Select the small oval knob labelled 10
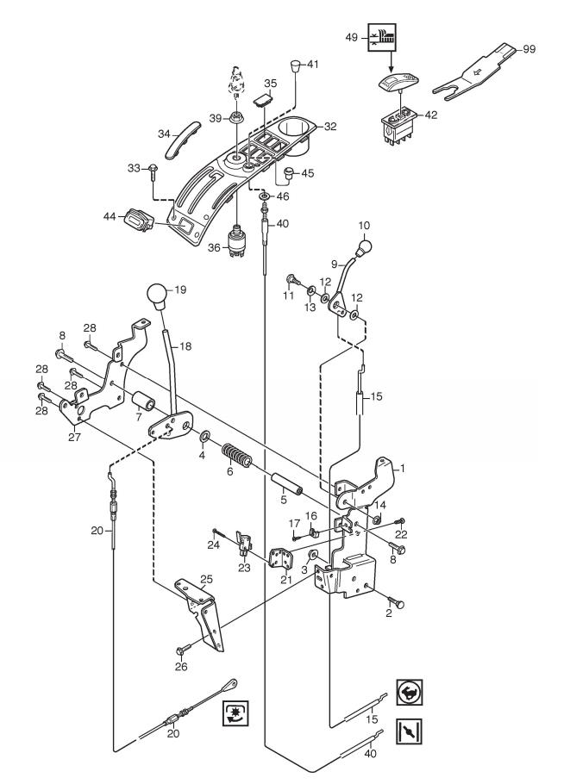tap(364, 247)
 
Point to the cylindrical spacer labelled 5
tap(286, 483)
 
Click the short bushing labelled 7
tap(144, 401)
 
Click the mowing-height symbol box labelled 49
tap(382, 38)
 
